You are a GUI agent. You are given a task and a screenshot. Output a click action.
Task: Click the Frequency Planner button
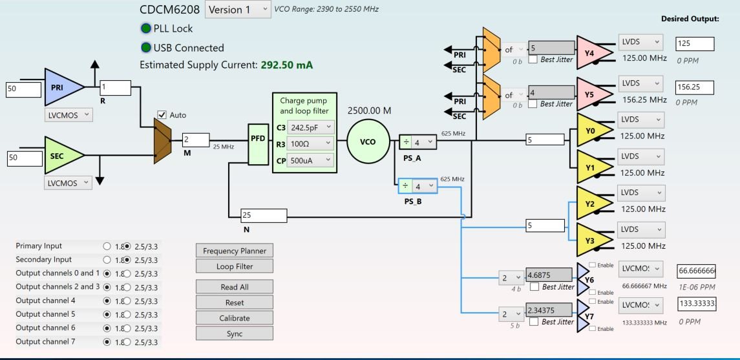(234, 251)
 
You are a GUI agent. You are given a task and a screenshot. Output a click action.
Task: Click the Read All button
(234, 287)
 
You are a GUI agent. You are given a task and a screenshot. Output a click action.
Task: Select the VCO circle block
(365, 142)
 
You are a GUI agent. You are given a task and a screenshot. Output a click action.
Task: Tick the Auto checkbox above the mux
(162, 115)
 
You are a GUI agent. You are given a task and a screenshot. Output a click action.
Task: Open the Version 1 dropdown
(238, 10)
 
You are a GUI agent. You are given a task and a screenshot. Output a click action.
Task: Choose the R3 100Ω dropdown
(310, 143)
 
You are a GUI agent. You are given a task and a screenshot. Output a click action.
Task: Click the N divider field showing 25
(262, 215)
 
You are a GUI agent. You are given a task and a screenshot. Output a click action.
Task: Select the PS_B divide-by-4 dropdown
(418, 186)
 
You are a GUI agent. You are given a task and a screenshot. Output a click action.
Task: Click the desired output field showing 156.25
(694, 87)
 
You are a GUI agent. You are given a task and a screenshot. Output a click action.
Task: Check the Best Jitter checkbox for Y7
(534, 322)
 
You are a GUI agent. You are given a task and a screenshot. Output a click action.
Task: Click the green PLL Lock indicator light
(145, 28)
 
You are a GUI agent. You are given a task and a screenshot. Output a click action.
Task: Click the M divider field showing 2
(195, 140)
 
